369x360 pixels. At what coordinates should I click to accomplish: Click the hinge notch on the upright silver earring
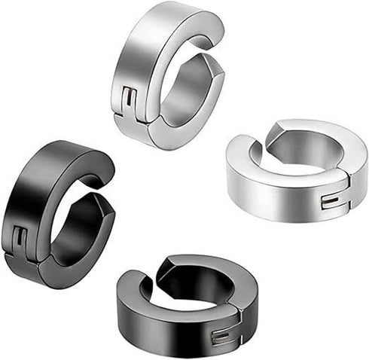pyautogui.click(x=130, y=100)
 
